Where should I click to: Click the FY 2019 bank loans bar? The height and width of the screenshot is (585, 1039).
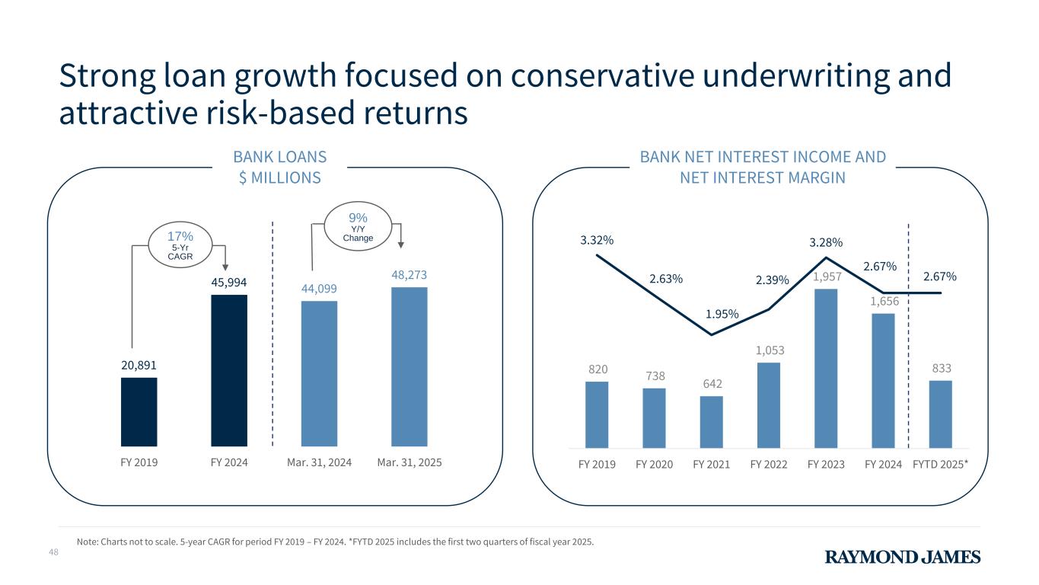[139, 411]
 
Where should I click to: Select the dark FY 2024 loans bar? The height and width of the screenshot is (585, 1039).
[229, 370]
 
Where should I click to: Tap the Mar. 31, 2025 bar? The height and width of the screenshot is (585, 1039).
[409, 366]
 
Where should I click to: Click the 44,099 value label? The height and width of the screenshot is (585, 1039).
[319, 289]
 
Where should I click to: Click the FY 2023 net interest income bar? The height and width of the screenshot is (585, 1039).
[826, 368]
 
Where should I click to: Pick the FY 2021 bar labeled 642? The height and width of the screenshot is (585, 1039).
[711, 421]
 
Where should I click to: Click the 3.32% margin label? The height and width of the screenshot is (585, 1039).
[597, 241]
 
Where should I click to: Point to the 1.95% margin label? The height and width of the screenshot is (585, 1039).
[722, 314]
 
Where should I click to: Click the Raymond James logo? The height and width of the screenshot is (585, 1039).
[903, 557]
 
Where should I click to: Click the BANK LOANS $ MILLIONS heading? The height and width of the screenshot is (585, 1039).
[279, 167]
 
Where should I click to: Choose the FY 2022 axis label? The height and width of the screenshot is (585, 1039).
[769, 464]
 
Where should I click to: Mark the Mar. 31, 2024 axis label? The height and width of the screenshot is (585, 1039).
[319, 463]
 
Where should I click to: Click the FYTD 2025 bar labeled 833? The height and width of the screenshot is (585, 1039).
[940, 414]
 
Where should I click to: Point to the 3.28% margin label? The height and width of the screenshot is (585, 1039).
[826, 242]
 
